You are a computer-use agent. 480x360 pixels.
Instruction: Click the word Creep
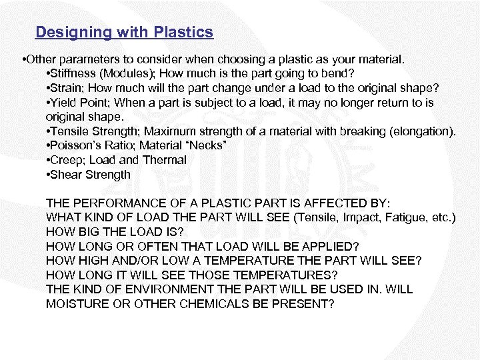[x=66, y=160]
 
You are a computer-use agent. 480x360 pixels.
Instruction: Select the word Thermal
[x=165, y=160]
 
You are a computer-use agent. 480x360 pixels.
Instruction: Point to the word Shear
[x=65, y=175]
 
